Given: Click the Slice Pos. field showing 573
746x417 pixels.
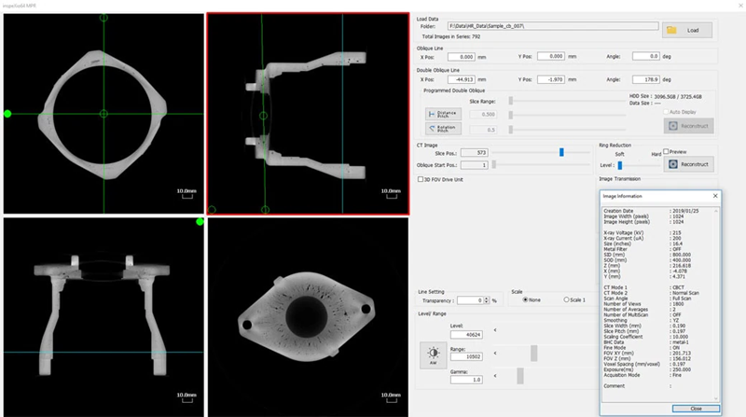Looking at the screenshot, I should (x=471, y=151).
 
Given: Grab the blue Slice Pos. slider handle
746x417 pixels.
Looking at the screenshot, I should (x=561, y=151).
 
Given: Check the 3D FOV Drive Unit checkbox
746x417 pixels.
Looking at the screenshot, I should (x=421, y=178).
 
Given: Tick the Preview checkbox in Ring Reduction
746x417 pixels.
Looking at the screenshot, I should (x=666, y=152).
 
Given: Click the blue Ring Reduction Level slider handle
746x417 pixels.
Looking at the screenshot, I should (x=619, y=164).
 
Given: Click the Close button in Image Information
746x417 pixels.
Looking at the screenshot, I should (x=696, y=408).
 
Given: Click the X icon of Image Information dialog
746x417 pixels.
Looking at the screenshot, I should (x=714, y=197).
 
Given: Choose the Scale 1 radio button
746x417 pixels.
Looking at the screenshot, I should (x=565, y=299).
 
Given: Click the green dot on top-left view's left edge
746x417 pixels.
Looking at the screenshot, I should (x=7, y=114).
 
